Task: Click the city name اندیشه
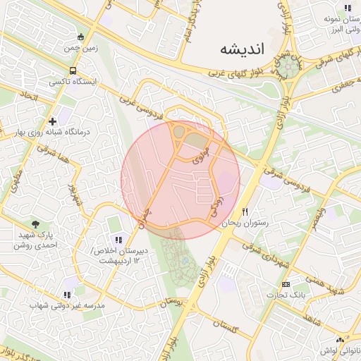241,49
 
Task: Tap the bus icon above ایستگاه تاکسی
73,71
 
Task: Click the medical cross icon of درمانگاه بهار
53,122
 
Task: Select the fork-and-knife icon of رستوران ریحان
245,211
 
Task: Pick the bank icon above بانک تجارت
285,284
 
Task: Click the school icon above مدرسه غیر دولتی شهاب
67,295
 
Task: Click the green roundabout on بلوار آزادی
288,66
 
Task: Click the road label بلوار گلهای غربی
238,73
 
